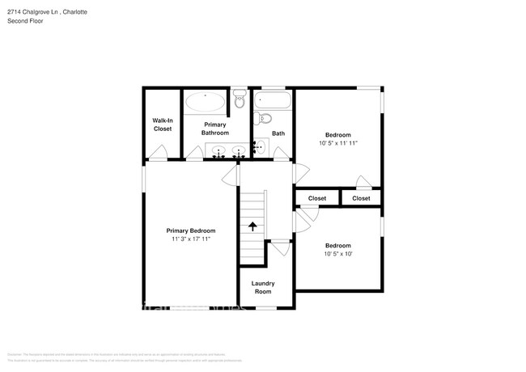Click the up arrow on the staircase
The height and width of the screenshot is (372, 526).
coord(252,226)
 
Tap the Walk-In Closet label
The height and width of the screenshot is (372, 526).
coord(163,125)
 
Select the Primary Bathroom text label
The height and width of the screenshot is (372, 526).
coord(215,129)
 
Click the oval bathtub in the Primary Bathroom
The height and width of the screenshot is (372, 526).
coord(206,102)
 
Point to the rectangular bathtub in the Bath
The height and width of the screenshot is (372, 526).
coord(273,101)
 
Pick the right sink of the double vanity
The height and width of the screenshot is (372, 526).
coord(238,150)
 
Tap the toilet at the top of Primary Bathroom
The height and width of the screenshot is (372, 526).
coord(239,99)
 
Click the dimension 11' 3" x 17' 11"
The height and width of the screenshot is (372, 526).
coord(191,239)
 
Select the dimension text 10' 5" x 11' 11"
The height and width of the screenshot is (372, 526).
coord(338,143)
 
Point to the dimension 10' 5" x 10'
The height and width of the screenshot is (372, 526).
coord(338,254)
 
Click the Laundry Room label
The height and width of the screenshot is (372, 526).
coord(263,287)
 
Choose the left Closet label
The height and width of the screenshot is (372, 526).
coord(316,198)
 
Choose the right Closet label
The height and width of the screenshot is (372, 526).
coord(361,198)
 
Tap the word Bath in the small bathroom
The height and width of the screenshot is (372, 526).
coord(278,133)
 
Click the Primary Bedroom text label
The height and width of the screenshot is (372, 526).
coord(191,230)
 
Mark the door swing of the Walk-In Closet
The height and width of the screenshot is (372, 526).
coord(160,153)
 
